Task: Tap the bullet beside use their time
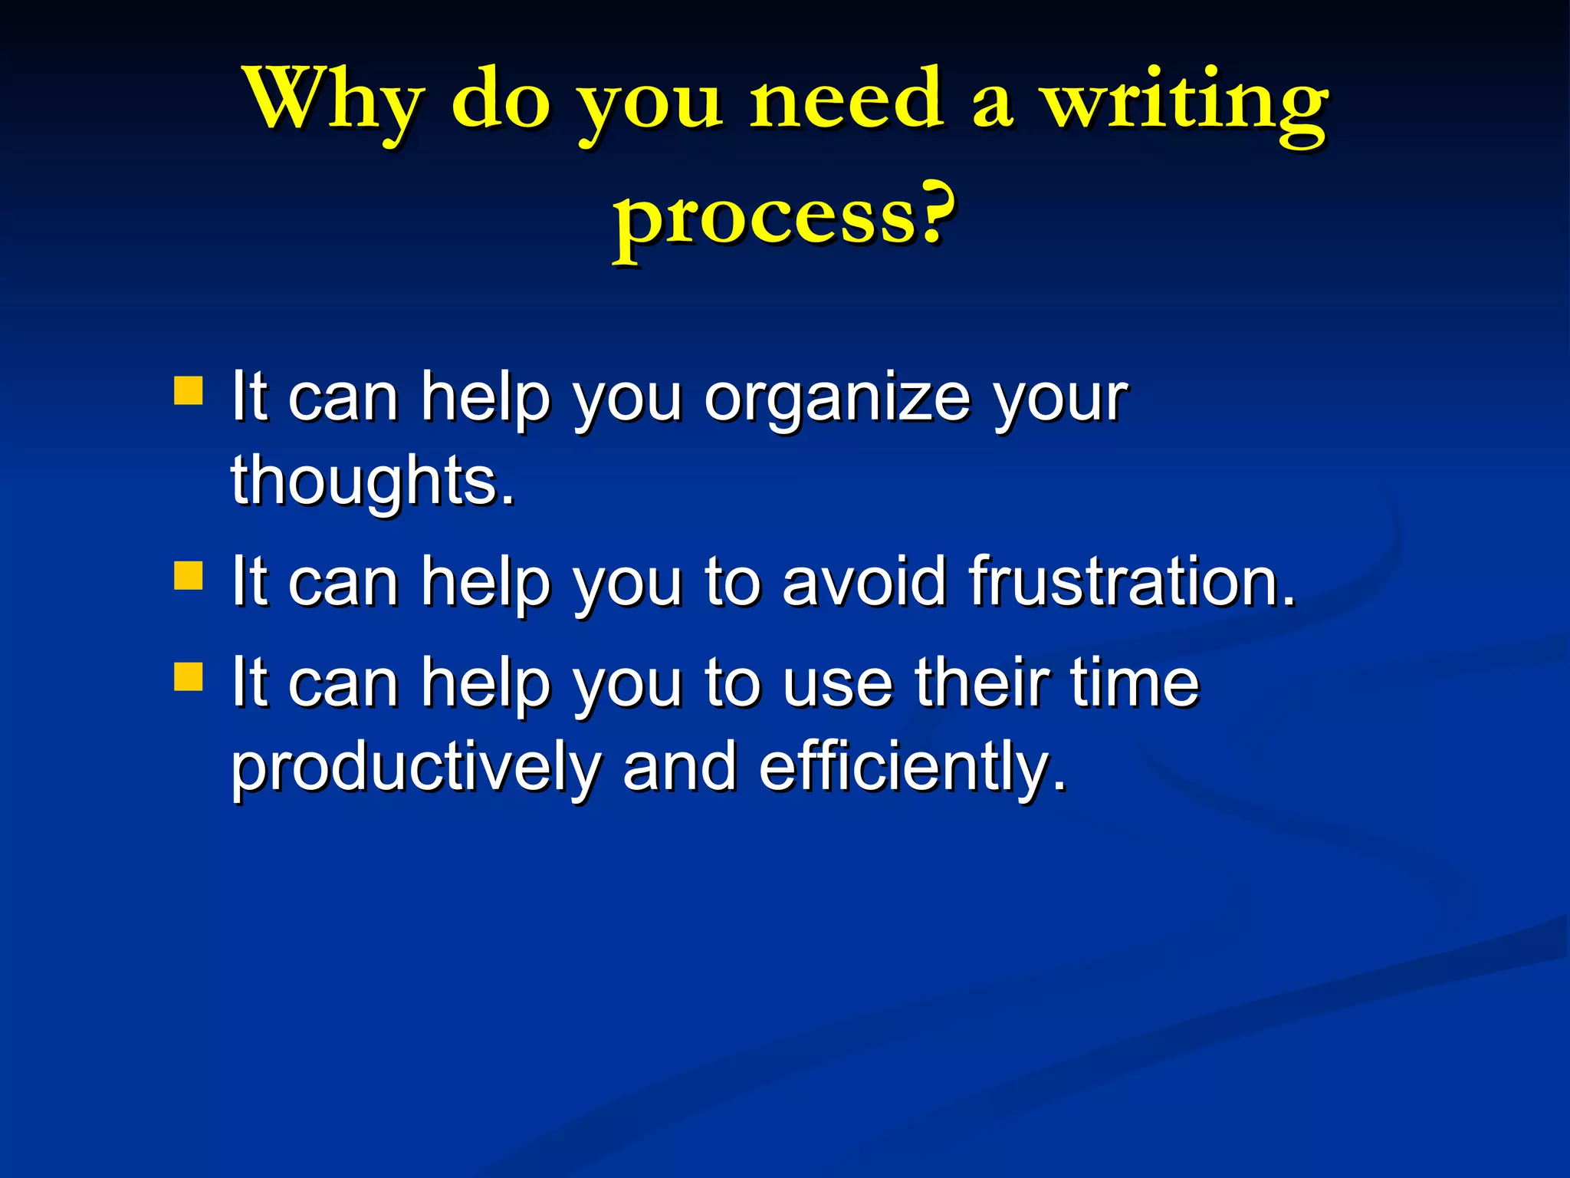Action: tap(189, 676)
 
